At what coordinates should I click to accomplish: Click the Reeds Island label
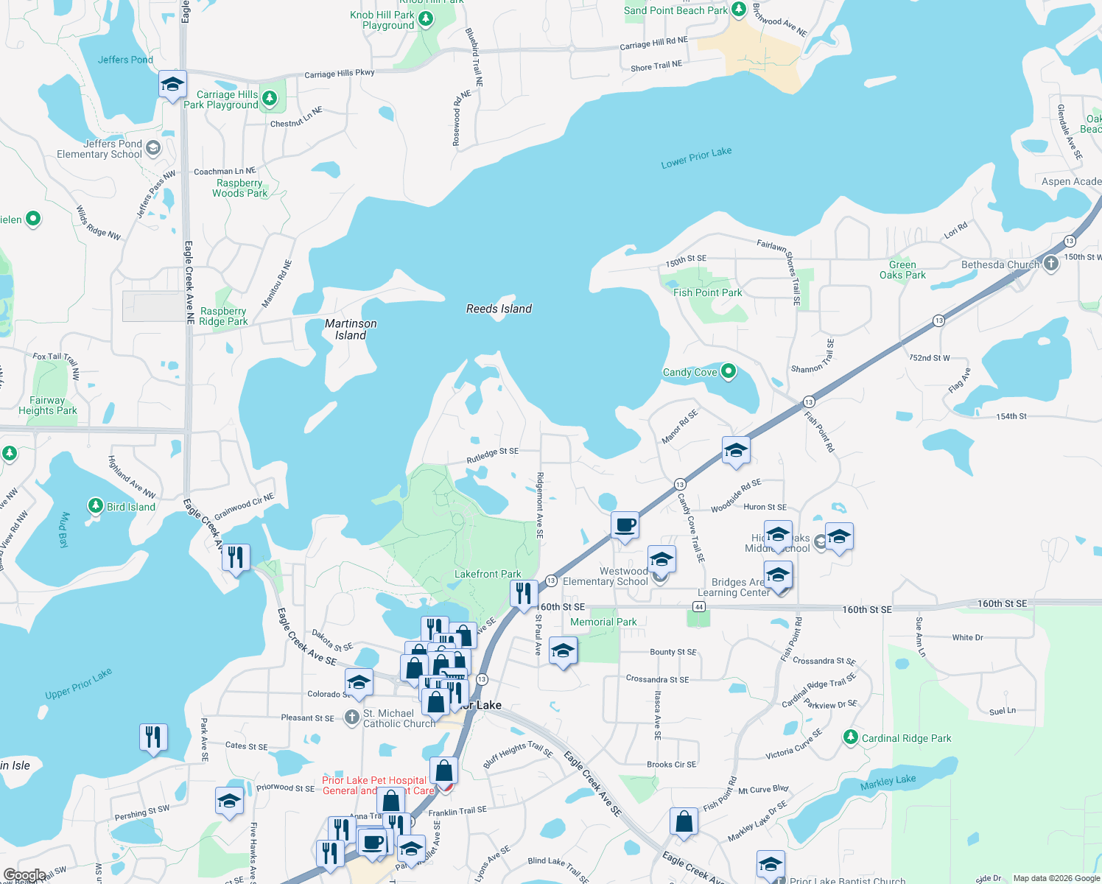tap(499, 309)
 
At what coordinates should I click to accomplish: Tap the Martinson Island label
tap(351, 329)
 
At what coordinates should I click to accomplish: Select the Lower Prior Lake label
tap(696, 157)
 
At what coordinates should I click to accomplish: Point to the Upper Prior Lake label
tap(78, 684)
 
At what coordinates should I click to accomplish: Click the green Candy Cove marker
tap(729, 371)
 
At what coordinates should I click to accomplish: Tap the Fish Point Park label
tap(707, 292)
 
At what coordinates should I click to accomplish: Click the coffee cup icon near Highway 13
tap(625, 526)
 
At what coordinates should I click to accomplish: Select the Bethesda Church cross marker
tap(1050, 263)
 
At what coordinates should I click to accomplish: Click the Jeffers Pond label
tap(125, 60)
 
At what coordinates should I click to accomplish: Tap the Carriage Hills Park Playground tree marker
tap(270, 98)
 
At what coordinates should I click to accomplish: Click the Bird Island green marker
tap(95, 505)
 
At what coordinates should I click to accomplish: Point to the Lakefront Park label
tap(488, 574)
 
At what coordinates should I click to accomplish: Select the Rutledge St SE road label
tap(492, 456)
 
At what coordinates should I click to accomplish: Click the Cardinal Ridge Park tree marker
tap(851, 737)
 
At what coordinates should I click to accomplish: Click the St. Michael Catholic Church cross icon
tap(352, 716)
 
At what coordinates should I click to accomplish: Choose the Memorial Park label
tap(603, 622)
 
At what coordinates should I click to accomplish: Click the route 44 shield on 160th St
tap(699, 606)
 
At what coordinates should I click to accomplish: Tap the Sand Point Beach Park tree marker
tap(738, 10)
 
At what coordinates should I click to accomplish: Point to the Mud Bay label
tap(63, 530)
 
